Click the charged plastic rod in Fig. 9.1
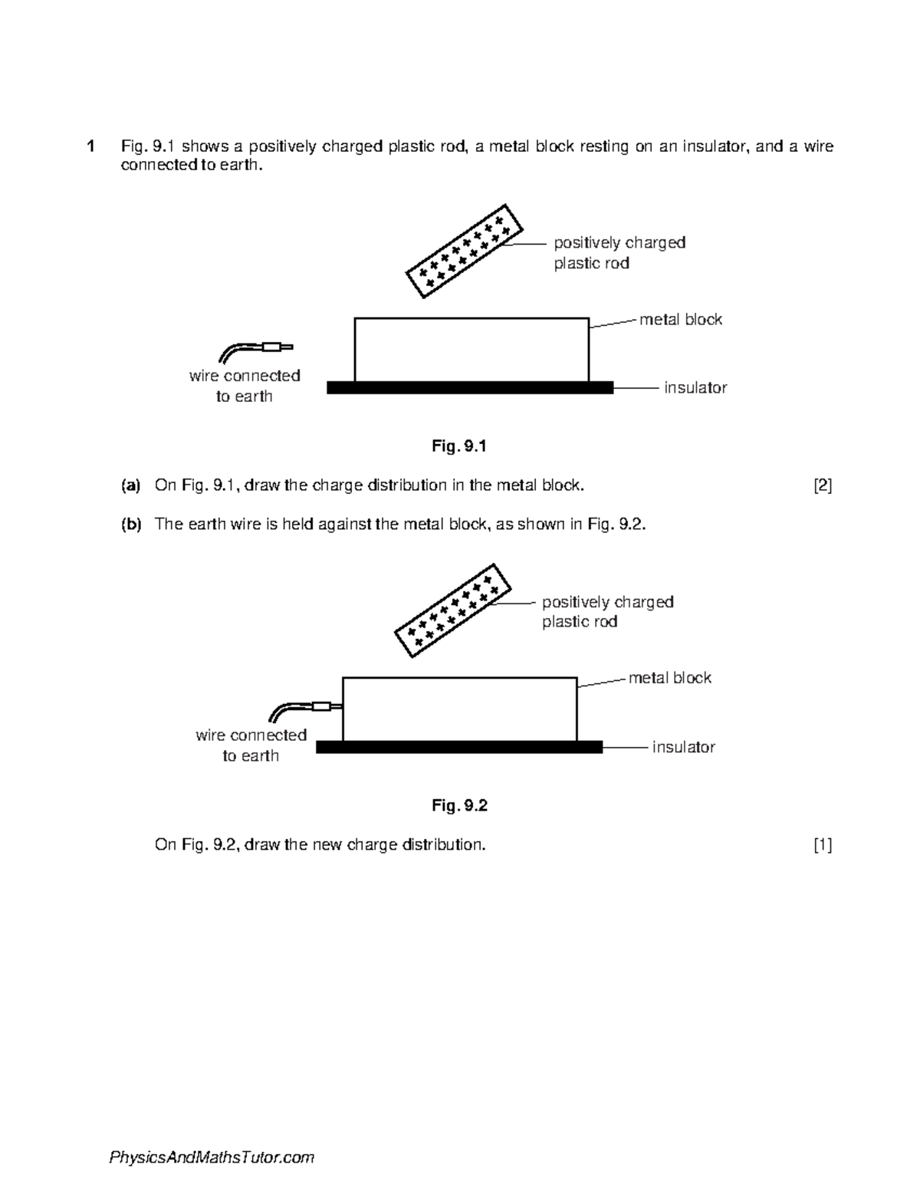tap(465, 252)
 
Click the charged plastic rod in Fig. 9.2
tap(452, 610)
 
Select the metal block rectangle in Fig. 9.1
tap(472, 350)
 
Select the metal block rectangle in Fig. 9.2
tap(459, 709)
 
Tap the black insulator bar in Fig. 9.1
tap(470, 388)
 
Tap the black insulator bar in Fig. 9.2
tap(458, 747)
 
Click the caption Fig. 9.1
tap(459, 446)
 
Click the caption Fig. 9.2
tap(459, 805)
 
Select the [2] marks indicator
tap(823, 485)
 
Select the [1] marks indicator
tap(823, 845)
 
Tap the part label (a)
tap(131, 485)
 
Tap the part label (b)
tap(131, 525)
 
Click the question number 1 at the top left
tap(91, 146)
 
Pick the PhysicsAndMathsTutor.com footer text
tap(212, 1157)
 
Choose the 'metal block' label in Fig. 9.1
tap(681, 320)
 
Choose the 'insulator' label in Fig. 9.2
tap(683, 747)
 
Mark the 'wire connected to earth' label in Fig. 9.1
tap(245, 386)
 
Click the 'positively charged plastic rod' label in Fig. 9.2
tap(607, 612)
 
